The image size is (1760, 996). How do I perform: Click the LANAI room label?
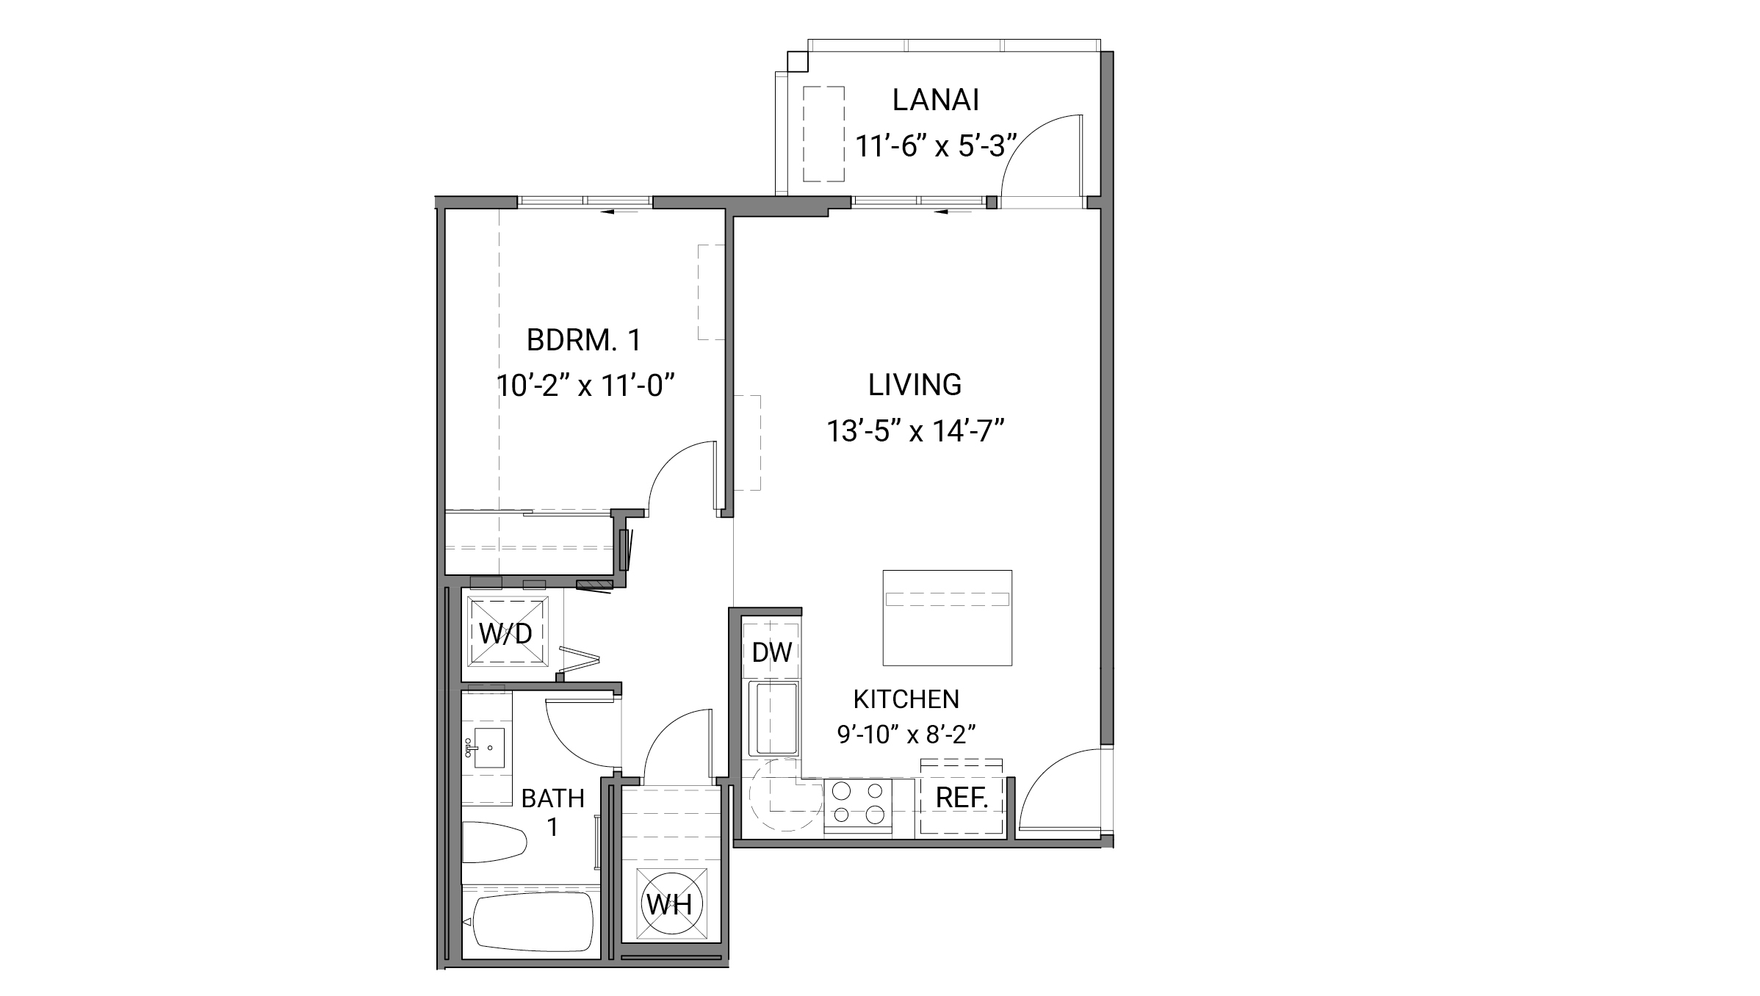tap(935, 101)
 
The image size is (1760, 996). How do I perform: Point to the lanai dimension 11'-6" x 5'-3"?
tap(935, 147)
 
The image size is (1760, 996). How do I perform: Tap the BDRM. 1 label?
tap(584, 341)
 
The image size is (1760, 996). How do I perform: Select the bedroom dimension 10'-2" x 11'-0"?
tap(585, 386)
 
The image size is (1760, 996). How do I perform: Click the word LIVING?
tap(915, 385)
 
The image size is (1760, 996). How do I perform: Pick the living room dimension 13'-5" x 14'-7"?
tap(915, 431)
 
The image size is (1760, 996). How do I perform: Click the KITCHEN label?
tap(906, 699)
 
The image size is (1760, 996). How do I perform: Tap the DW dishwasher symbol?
tap(771, 652)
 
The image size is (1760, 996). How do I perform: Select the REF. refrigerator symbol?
tap(962, 798)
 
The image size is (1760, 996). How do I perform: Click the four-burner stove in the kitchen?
tap(858, 804)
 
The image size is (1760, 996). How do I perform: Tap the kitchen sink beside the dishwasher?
tap(773, 719)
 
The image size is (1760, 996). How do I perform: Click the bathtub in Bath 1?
tap(533, 921)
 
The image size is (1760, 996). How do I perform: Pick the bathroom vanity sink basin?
tap(488, 748)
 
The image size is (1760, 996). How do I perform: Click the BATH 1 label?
tap(552, 812)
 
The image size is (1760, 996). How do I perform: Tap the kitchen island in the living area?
tap(947, 618)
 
